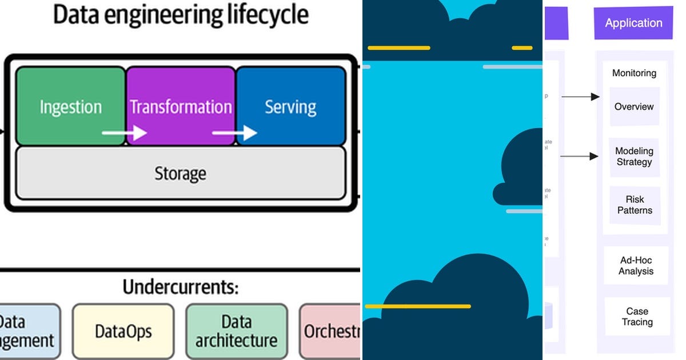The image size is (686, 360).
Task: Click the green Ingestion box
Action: pyautogui.click(x=70, y=106)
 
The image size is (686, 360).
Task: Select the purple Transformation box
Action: pyautogui.click(x=181, y=106)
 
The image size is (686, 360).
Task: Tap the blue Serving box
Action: pyautogui.click(x=290, y=106)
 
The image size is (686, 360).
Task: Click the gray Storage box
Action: pyautogui.click(x=180, y=173)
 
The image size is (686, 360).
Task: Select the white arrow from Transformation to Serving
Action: pyautogui.click(x=234, y=133)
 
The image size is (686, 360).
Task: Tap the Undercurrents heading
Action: pyautogui.click(x=180, y=287)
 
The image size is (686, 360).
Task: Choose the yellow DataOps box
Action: pyautogui.click(x=123, y=331)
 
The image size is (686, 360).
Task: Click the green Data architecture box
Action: pyautogui.click(x=236, y=331)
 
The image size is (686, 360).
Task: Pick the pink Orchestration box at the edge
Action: pyautogui.click(x=330, y=331)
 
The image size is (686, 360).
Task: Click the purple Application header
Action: pyautogui.click(x=633, y=23)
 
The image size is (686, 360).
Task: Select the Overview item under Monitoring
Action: pyautogui.click(x=634, y=107)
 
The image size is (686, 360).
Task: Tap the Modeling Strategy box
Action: pyautogui.click(x=634, y=157)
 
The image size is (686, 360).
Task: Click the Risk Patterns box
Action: pyautogui.click(x=635, y=205)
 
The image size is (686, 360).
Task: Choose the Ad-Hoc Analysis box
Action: pyautogui.click(x=636, y=266)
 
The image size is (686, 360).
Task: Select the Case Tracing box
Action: pyautogui.click(x=637, y=317)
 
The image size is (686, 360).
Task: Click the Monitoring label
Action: pyautogui.click(x=634, y=73)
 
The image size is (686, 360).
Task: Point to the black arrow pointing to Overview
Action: pyautogui.click(x=580, y=97)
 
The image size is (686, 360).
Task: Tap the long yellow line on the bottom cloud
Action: pyautogui.click(x=417, y=306)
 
